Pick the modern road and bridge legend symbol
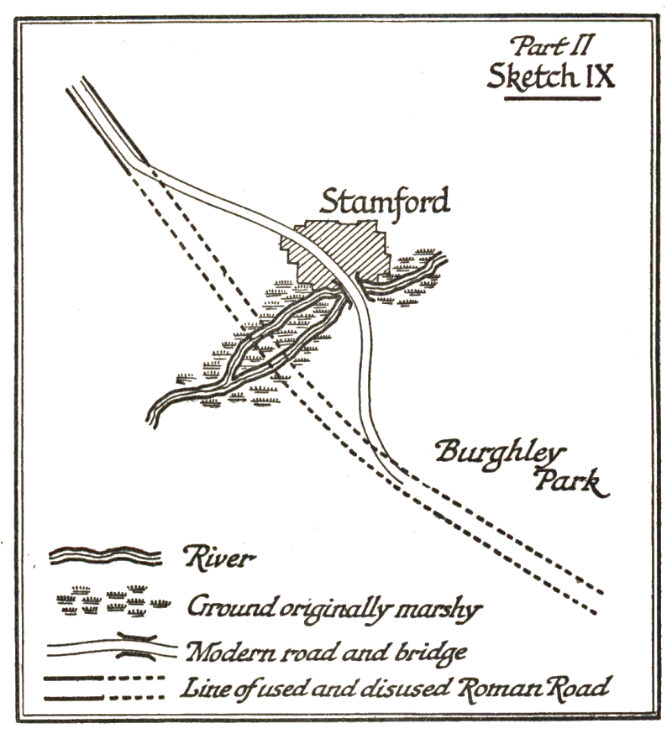(x=112, y=649)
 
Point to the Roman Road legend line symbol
(x=111, y=687)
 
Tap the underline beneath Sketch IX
(x=551, y=98)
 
